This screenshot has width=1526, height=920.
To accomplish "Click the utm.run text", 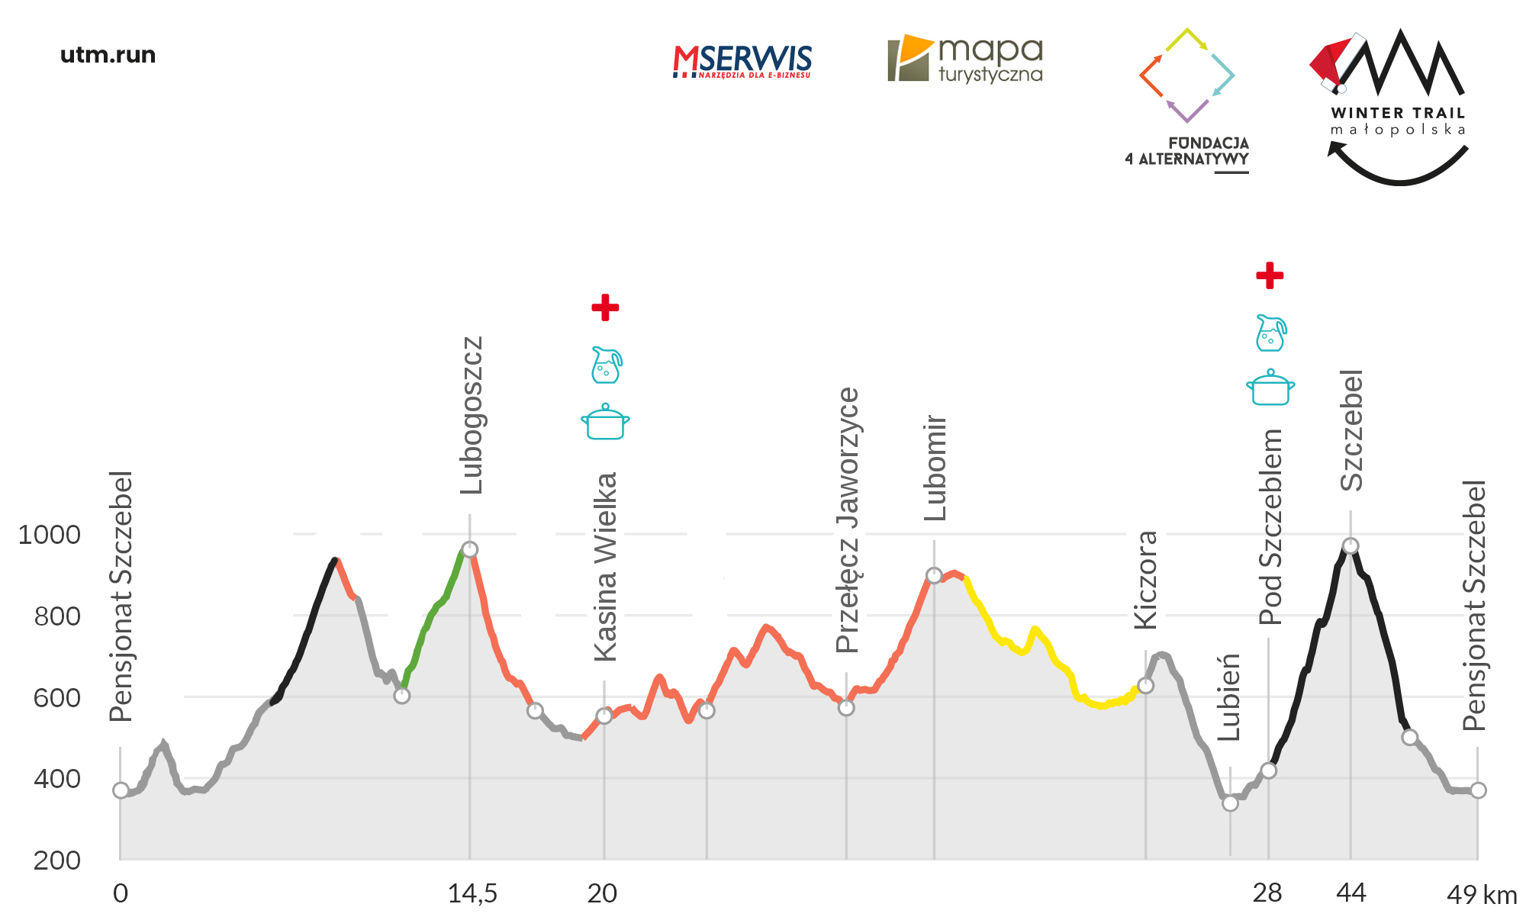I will [108, 55].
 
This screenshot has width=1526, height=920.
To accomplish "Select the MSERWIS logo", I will [742, 61].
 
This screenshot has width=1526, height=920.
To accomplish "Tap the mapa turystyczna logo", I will [965, 59].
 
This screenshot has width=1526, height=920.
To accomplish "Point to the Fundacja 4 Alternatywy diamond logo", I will [1186, 76].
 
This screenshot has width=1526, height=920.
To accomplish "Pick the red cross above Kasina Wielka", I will [605, 307].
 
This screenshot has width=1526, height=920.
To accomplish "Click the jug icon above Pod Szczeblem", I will [1270, 333].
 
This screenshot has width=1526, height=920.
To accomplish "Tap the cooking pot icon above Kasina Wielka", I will [605, 422].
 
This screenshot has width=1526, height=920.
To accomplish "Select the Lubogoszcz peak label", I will [472, 416].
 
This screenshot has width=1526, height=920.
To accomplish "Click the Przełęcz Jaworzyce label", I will [848, 520].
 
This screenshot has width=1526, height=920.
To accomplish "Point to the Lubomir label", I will [935, 468].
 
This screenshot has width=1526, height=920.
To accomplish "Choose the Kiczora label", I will [1146, 580].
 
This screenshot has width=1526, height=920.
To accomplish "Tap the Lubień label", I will [1228, 697].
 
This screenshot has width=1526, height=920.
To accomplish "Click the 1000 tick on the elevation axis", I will [49, 535].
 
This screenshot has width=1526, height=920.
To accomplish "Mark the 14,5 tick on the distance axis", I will [472, 893].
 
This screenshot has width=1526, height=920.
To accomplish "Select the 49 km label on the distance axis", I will [1481, 894].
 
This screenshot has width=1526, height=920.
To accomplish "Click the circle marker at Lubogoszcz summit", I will [470, 549].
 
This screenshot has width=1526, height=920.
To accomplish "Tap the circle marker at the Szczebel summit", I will [1351, 545].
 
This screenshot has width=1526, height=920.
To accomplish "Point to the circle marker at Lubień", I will [1230, 803].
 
